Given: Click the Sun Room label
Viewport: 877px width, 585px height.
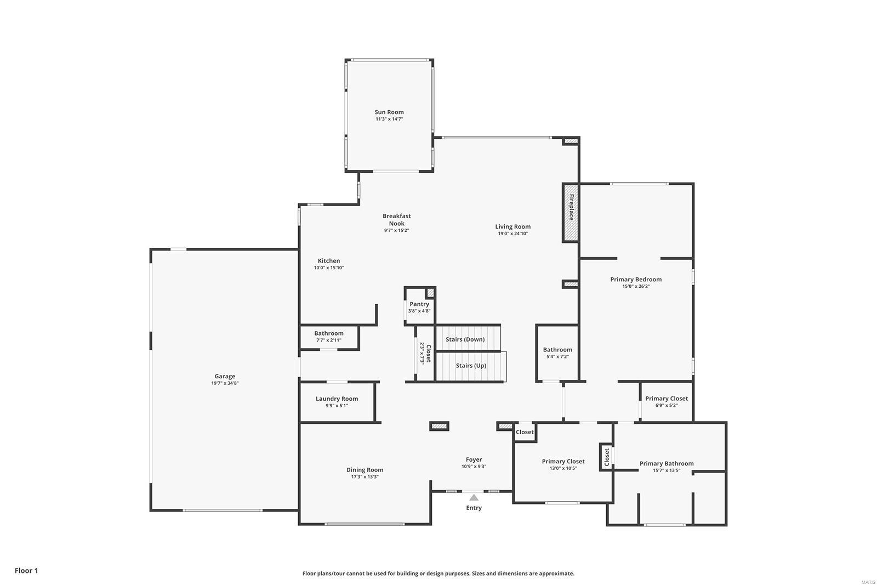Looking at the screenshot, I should [x=389, y=112].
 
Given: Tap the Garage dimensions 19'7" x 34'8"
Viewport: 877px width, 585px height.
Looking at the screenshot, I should [x=225, y=383].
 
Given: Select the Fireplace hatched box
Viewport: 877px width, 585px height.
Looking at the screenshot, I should [x=571, y=212].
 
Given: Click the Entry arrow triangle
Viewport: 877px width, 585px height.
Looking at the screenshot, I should [x=474, y=497].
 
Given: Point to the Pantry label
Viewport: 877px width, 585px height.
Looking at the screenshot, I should [x=419, y=304].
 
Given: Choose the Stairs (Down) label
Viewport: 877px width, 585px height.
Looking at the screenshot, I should [x=465, y=339].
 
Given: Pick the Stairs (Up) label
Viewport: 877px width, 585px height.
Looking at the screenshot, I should [x=471, y=366].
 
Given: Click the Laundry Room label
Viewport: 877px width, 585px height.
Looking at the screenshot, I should [x=337, y=399].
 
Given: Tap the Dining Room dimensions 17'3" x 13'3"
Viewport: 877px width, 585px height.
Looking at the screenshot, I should [x=365, y=477].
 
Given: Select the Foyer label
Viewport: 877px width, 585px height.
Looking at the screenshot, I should [x=474, y=459].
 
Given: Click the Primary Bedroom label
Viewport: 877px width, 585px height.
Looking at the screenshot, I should [x=636, y=279].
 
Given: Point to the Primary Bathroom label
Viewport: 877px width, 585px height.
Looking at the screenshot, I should [x=667, y=463].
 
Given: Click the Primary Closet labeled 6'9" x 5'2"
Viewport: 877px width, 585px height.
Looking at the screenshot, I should [x=667, y=399].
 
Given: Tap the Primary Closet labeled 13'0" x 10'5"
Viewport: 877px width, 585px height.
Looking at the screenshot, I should [x=563, y=461].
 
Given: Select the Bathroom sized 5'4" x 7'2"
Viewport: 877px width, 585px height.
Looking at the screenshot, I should [x=557, y=349].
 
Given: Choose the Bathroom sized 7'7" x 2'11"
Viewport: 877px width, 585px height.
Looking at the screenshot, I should [x=329, y=333].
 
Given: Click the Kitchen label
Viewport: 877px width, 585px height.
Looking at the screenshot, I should [x=329, y=260].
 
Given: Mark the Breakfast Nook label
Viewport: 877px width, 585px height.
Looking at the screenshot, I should [x=396, y=219].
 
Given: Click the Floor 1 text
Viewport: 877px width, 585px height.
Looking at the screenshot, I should [x=26, y=571].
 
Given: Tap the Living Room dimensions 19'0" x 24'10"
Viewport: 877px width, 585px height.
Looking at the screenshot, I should [x=512, y=234].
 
